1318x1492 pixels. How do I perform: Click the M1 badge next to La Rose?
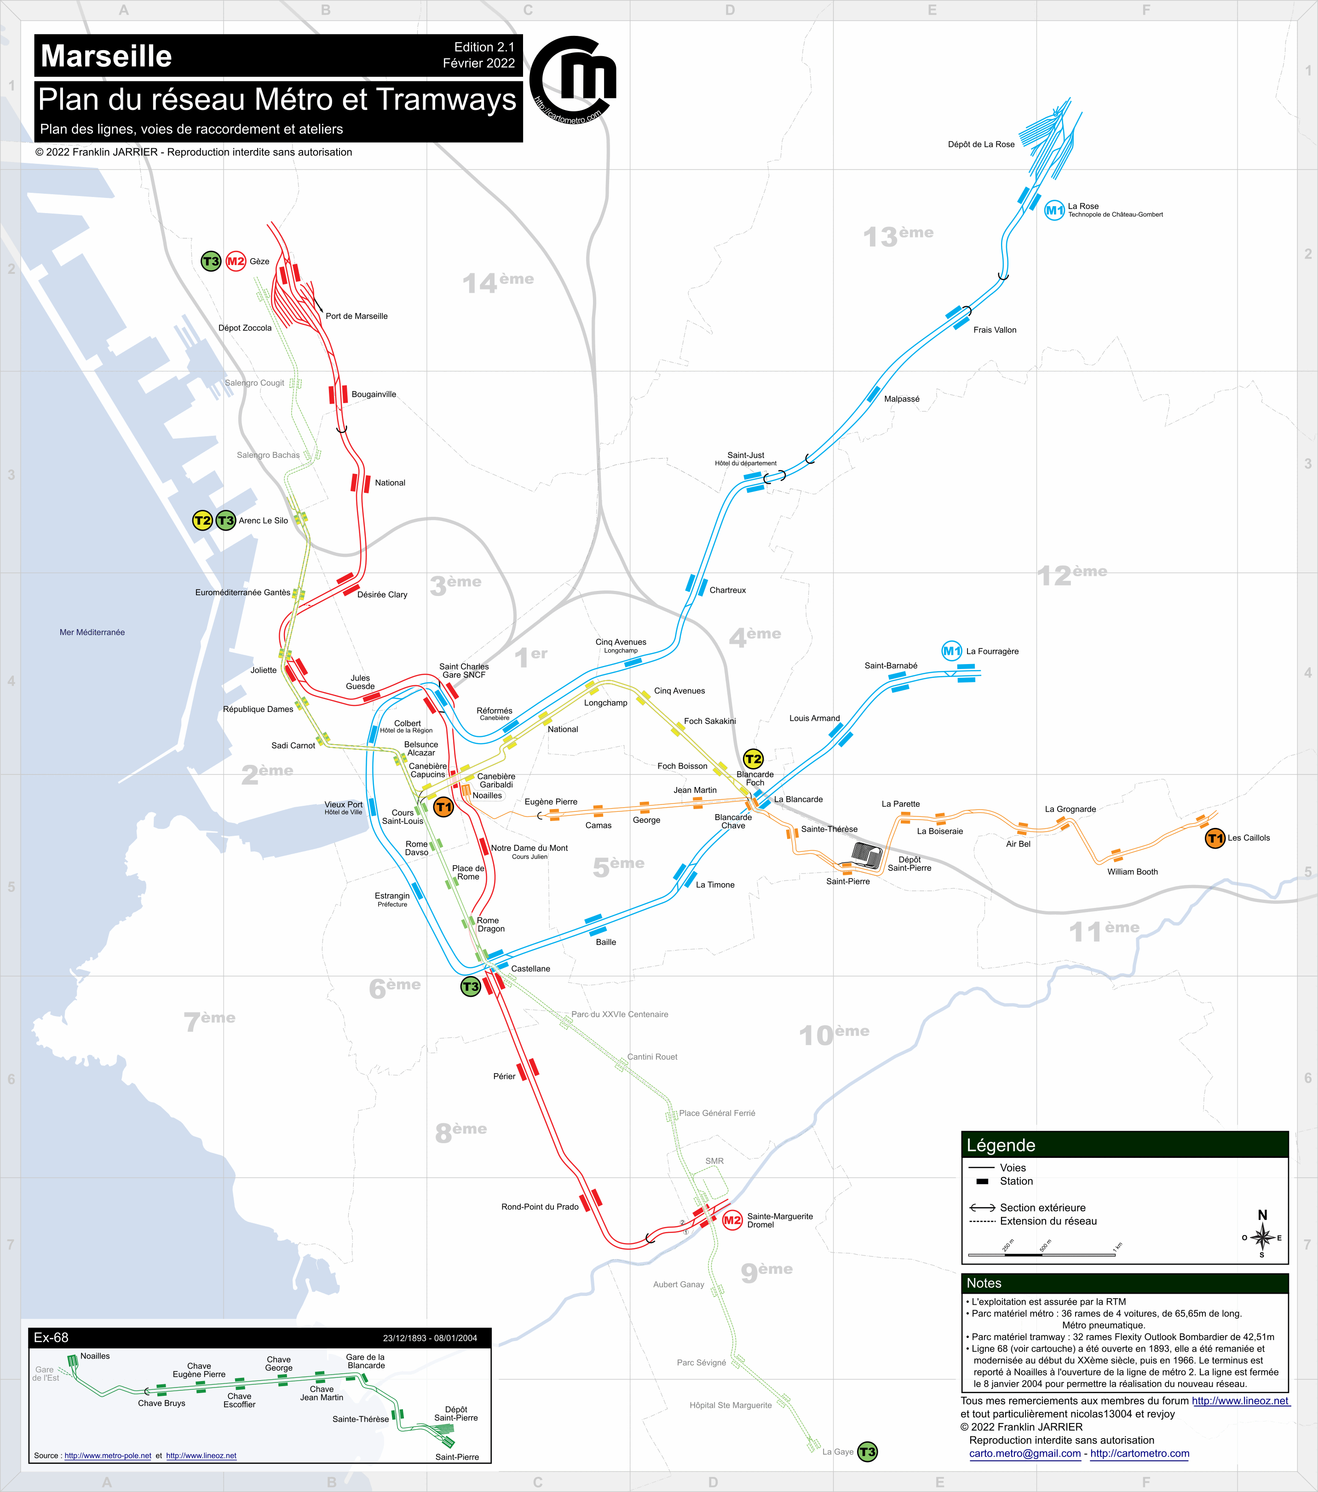coord(1054,211)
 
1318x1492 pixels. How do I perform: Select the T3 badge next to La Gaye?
coord(867,1452)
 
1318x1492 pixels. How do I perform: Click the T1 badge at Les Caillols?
coord(1214,838)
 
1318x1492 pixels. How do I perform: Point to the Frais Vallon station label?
coord(994,330)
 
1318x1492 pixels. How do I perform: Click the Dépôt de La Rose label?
coord(981,145)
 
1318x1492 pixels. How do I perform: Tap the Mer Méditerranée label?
coord(92,632)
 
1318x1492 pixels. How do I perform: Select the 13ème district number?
coord(898,236)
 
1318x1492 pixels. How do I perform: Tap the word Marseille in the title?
coord(107,56)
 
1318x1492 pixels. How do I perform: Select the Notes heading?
coord(984,1283)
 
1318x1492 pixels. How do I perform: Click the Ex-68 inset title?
coord(51,1337)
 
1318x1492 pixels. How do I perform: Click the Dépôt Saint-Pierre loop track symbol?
coord(866,855)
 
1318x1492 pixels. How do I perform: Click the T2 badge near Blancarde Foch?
coord(753,759)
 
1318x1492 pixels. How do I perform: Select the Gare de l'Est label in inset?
coord(45,1374)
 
